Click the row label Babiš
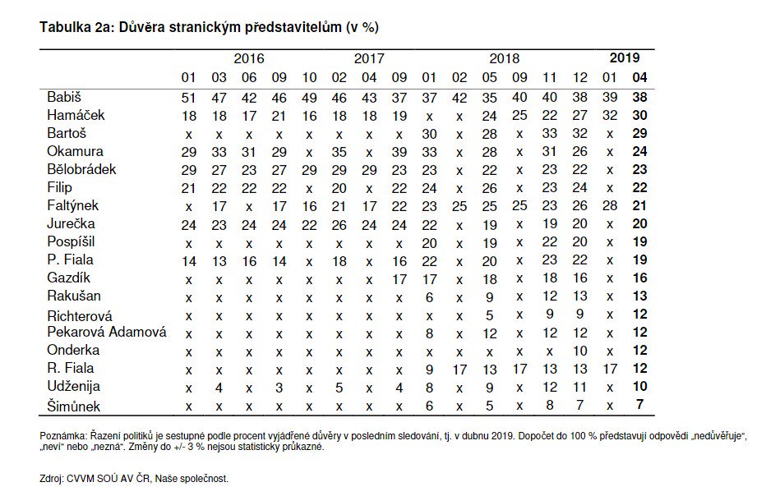pyautogui.click(x=64, y=97)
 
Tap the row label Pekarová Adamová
pyautogui.click(x=107, y=332)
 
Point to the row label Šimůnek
pyautogui.click(x=74, y=404)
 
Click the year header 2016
pyautogui.click(x=249, y=59)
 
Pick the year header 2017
pyautogui.click(x=369, y=59)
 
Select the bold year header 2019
pyautogui.click(x=625, y=58)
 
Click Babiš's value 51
pyautogui.click(x=189, y=97)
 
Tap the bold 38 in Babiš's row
pyautogui.click(x=639, y=97)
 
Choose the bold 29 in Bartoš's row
pyautogui.click(x=639, y=133)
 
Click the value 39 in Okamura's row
pyautogui.click(x=399, y=151)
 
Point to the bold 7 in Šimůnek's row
pyautogui.click(x=639, y=404)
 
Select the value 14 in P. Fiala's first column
pyautogui.click(x=189, y=259)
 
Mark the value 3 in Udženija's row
pyautogui.click(x=279, y=386)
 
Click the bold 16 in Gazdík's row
pyautogui.click(x=639, y=278)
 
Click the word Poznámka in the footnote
pyautogui.click(x=62, y=434)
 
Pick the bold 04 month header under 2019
pyautogui.click(x=639, y=77)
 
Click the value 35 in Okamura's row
pyautogui.click(x=339, y=151)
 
